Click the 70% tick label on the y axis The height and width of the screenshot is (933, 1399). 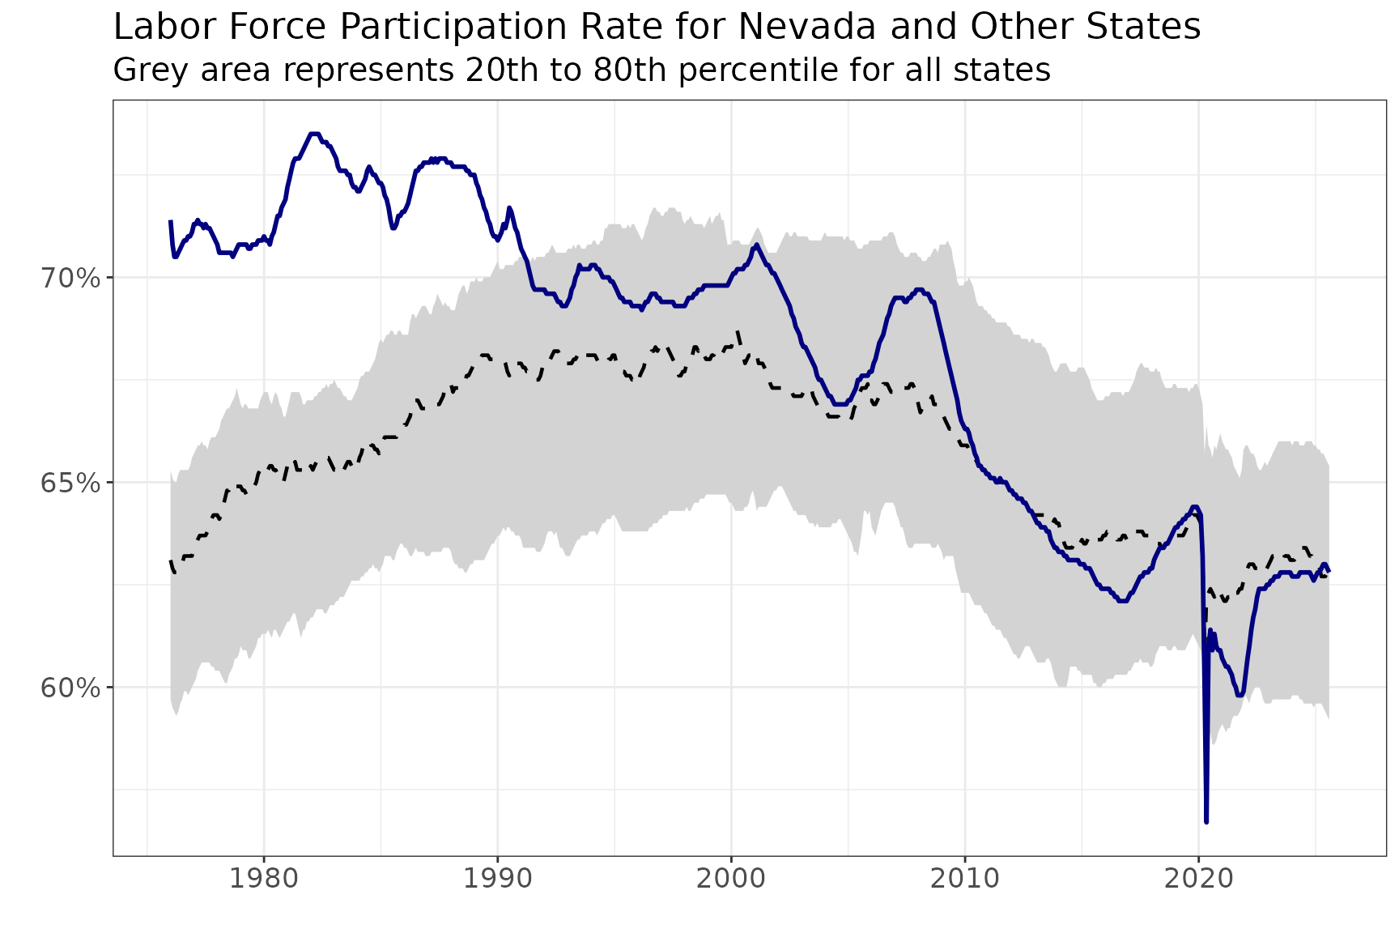point(71,279)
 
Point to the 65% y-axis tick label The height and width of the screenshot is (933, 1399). point(71,484)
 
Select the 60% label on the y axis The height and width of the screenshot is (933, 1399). point(71,688)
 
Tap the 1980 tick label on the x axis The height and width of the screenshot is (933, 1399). point(263,880)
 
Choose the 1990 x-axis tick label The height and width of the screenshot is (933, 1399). point(497,880)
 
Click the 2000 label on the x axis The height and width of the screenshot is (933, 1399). point(731,880)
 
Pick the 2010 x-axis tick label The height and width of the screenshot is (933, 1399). point(965,880)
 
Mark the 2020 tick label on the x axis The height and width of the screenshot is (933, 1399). point(1199,880)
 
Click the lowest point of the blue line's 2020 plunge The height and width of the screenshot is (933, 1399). point(1206,822)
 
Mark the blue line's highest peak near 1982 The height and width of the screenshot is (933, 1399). point(314,134)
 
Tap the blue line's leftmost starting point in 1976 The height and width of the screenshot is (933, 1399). point(170,221)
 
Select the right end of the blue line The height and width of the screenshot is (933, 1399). point(1329,571)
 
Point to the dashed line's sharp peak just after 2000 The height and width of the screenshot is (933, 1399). point(738,332)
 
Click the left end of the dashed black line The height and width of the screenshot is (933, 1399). point(170,560)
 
